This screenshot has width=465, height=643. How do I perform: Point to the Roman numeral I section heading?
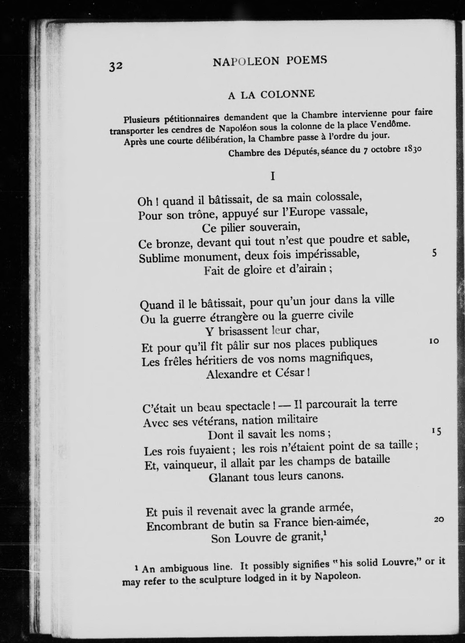273,177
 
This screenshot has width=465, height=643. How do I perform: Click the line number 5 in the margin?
434,253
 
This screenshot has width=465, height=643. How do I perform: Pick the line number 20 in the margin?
439,520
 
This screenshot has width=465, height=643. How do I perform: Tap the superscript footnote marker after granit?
325,533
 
